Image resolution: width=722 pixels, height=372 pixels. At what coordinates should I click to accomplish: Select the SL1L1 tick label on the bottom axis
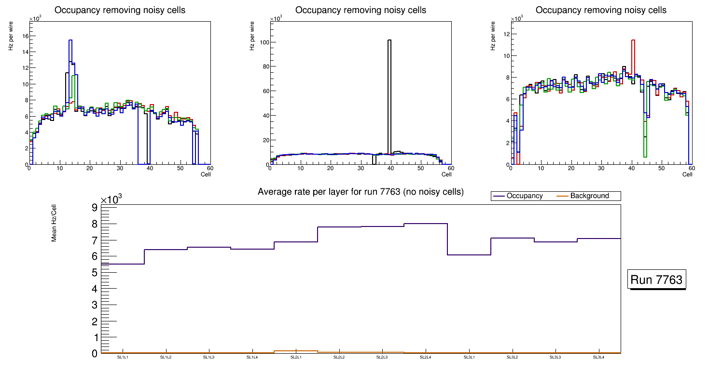coord(123,358)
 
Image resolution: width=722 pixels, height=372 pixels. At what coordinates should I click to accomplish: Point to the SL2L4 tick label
coord(425,358)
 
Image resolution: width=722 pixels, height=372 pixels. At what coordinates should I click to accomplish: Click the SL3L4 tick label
coord(598,358)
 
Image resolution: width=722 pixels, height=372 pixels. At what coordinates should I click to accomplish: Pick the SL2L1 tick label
coord(295,358)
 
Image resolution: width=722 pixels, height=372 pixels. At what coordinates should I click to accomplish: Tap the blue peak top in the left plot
coord(70,40)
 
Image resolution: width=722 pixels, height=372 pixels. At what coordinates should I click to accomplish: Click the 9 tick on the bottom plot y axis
coord(94,208)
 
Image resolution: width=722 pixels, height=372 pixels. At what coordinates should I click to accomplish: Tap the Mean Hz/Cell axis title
coord(55,223)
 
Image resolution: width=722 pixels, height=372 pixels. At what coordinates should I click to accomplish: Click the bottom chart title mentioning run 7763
coord(361,192)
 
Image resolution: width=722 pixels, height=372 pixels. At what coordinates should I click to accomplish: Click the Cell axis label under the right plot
coord(687,174)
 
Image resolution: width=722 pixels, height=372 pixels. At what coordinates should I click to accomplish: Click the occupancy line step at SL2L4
coord(426,224)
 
